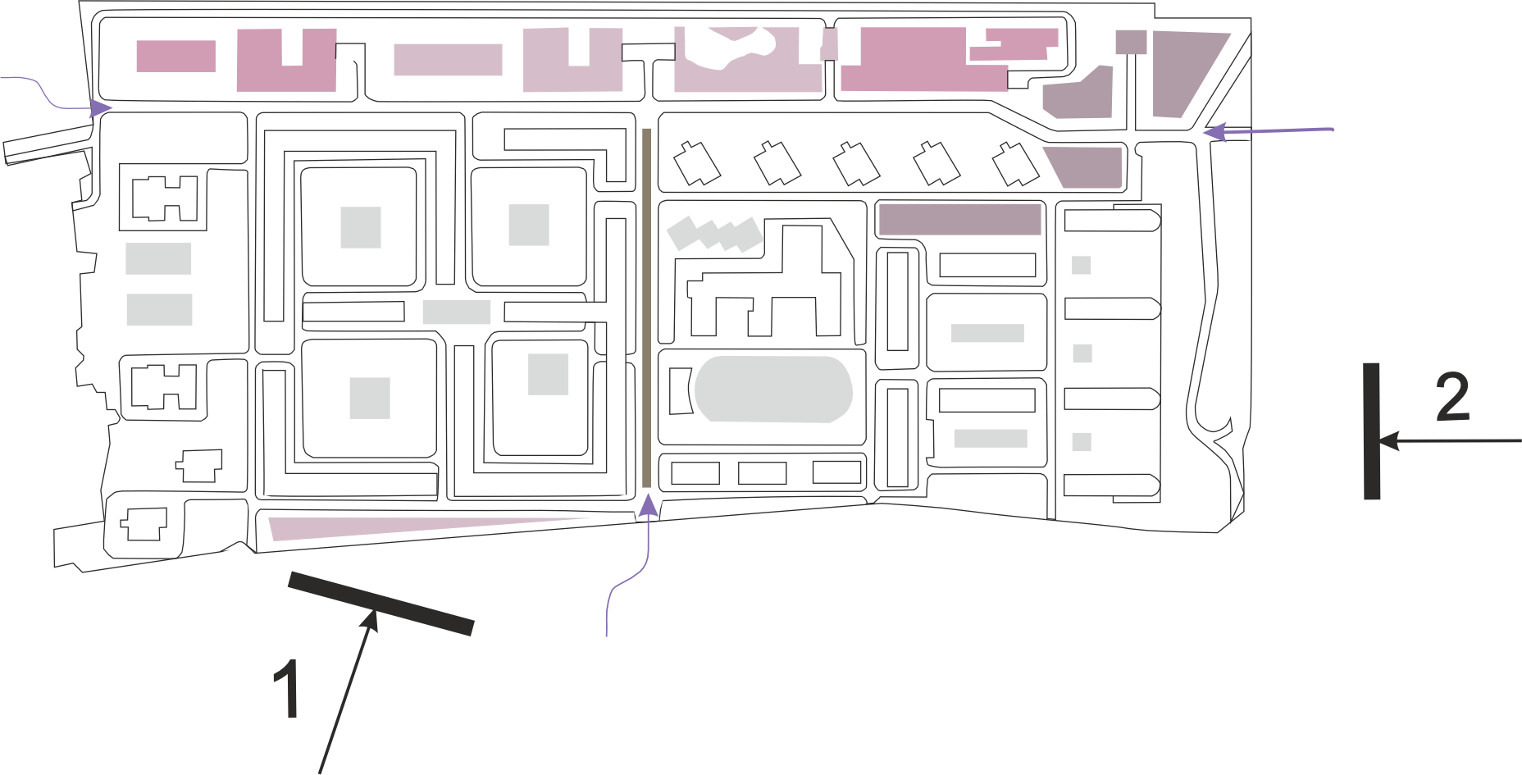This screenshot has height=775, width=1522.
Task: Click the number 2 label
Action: click(x=1452, y=398)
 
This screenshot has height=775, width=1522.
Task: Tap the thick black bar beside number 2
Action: click(x=1372, y=431)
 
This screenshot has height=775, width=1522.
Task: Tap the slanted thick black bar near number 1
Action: click(x=380, y=604)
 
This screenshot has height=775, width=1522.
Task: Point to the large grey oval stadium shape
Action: click(x=773, y=389)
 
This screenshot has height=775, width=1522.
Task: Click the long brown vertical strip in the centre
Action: click(x=647, y=308)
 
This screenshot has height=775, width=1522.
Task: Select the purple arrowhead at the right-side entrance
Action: click(x=1212, y=131)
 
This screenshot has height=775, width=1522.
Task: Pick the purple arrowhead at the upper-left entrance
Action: click(x=101, y=107)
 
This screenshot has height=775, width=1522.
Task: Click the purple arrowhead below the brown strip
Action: click(x=649, y=506)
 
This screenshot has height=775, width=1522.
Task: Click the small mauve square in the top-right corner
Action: click(x=1131, y=42)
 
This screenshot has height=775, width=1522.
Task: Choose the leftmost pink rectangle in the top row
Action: click(x=175, y=57)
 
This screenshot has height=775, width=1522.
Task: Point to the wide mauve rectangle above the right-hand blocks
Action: click(x=959, y=219)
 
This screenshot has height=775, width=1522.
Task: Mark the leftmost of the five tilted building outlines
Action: click(x=696, y=162)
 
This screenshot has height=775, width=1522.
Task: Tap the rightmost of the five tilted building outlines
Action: click(x=1015, y=163)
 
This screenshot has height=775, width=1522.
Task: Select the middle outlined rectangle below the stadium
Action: click(x=763, y=473)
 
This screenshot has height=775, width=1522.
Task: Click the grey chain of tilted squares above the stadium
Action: click(x=713, y=234)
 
